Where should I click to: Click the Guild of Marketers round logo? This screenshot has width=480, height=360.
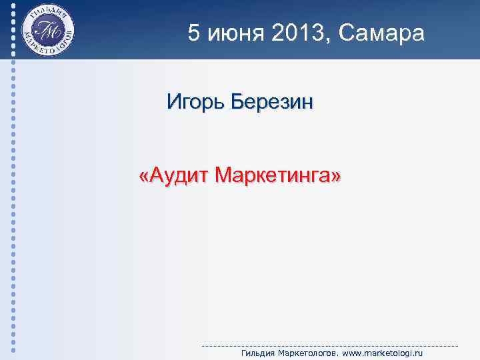[x=47, y=30]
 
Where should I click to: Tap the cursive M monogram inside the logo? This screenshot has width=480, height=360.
[x=47, y=31]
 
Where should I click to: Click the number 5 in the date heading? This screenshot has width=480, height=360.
[x=193, y=33]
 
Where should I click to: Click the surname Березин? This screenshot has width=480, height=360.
[x=273, y=103]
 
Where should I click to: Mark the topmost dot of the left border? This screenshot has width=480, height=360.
[x=14, y=4]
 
